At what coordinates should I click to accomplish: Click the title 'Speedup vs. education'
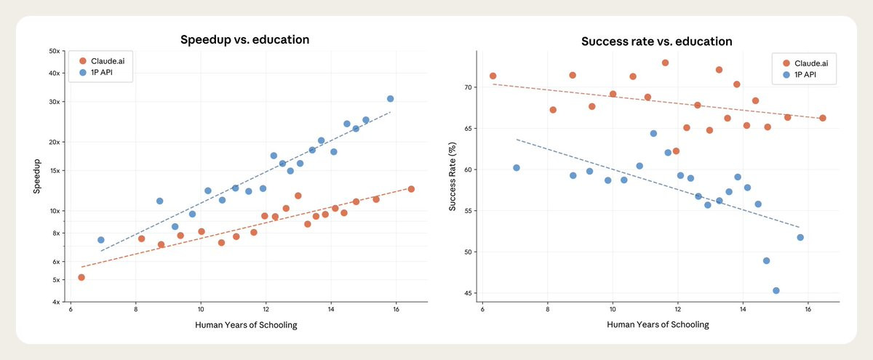point(245,39)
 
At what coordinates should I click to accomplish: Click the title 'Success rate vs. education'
point(656,41)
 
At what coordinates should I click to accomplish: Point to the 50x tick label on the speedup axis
point(53,51)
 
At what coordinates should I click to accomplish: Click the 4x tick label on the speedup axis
point(55,302)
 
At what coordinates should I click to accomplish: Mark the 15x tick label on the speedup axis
point(53,171)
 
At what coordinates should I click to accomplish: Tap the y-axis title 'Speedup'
point(36,177)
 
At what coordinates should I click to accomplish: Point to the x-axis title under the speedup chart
point(246,324)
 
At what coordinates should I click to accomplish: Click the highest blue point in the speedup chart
point(391,98)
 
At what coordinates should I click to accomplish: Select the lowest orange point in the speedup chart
point(81,277)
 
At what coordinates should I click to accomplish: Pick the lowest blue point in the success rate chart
point(776,290)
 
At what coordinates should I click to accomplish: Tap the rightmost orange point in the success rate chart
point(823,118)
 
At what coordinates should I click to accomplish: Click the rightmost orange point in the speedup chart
point(411,189)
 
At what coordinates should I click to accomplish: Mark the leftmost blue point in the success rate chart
point(517,167)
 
